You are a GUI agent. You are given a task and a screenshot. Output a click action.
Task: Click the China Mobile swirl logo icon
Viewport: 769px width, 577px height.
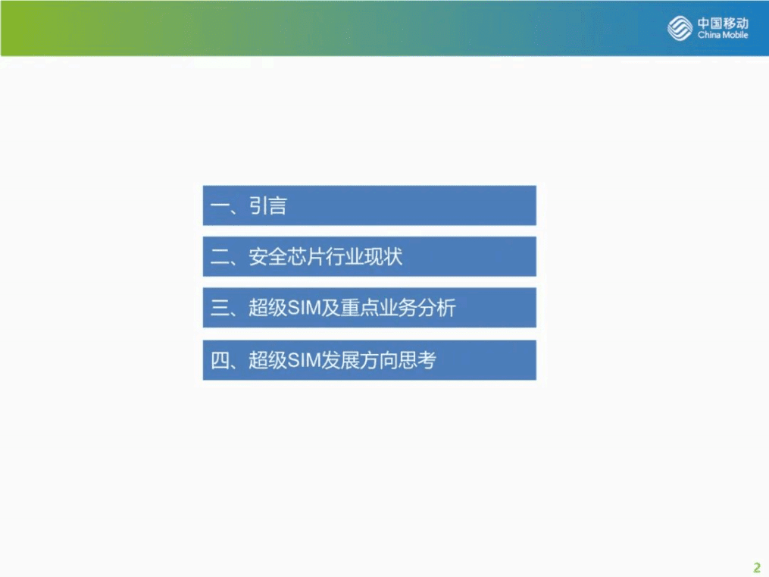[x=680, y=28]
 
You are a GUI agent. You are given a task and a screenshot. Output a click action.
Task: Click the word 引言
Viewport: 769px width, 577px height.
[x=268, y=206]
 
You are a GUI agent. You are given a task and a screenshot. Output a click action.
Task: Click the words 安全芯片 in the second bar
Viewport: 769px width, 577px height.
[x=286, y=258]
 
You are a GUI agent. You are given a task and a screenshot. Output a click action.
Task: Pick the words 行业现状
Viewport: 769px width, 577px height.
[x=364, y=258]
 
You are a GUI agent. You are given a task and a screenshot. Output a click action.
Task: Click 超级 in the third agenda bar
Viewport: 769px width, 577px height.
[x=267, y=309]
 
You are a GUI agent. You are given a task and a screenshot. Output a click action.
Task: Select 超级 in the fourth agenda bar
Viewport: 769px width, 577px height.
[x=267, y=361]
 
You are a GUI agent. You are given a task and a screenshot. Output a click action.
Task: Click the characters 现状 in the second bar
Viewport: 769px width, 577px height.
[x=383, y=258]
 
